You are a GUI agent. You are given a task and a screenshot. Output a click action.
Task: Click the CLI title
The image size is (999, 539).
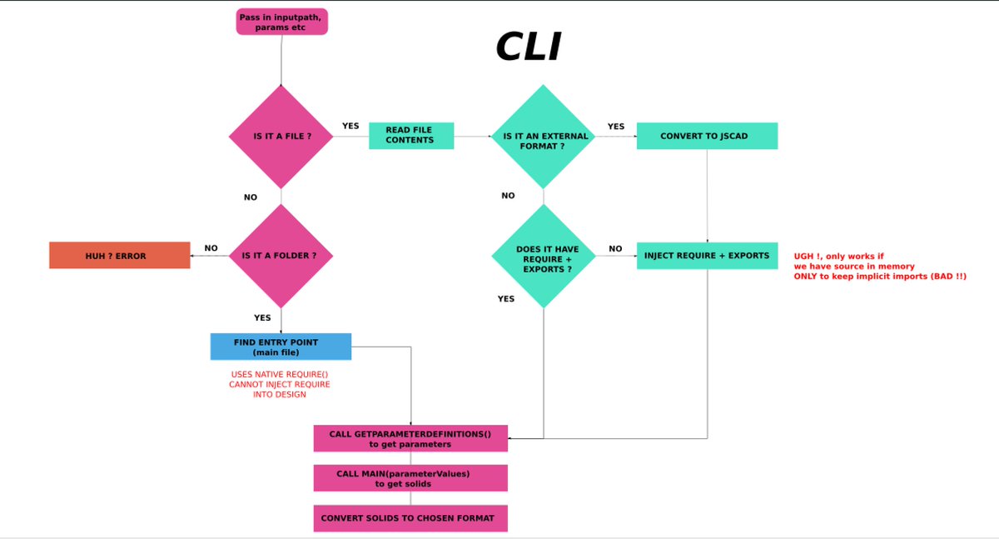[x=529, y=47]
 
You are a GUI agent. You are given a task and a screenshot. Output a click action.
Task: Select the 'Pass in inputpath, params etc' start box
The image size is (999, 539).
[x=282, y=22]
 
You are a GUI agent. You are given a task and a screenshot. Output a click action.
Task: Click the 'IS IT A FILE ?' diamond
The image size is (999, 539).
[x=281, y=136]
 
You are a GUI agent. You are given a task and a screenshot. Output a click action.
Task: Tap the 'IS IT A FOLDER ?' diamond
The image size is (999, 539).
[x=281, y=256]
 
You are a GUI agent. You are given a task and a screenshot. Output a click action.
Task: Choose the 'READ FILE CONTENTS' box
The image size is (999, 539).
[x=411, y=136]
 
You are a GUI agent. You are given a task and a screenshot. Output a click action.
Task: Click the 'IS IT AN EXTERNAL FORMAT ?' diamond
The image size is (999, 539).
[x=544, y=136]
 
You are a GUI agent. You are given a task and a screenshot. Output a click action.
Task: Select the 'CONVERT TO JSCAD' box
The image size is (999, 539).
[x=707, y=136]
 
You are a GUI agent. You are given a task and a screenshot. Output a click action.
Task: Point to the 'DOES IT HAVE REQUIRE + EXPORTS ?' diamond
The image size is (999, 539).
[x=544, y=255]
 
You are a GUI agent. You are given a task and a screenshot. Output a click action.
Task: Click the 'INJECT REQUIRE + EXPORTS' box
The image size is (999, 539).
[x=707, y=255]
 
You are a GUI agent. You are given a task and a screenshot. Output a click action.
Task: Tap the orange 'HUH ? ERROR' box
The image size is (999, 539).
[x=120, y=256]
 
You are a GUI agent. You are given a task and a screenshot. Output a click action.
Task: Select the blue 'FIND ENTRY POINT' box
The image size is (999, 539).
[x=281, y=347]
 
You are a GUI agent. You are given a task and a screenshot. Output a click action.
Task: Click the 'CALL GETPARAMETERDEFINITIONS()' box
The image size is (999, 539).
[x=410, y=438]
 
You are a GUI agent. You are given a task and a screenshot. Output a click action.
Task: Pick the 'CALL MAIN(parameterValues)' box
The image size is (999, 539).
[x=410, y=478]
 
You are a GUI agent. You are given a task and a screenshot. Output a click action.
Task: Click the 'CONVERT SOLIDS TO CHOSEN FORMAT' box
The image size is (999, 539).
[x=410, y=518]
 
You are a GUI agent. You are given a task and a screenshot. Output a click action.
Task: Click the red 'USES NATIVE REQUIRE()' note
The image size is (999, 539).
[x=281, y=384]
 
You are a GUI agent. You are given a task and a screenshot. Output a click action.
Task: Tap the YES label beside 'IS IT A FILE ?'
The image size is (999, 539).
[x=350, y=126]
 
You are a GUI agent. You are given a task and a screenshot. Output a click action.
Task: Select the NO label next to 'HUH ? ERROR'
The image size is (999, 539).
[x=211, y=247]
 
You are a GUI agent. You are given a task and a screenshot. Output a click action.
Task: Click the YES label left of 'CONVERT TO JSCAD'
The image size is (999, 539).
[x=616, y=126]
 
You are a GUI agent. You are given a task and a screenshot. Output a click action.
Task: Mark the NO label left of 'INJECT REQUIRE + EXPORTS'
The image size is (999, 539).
[x=615, y=248]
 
